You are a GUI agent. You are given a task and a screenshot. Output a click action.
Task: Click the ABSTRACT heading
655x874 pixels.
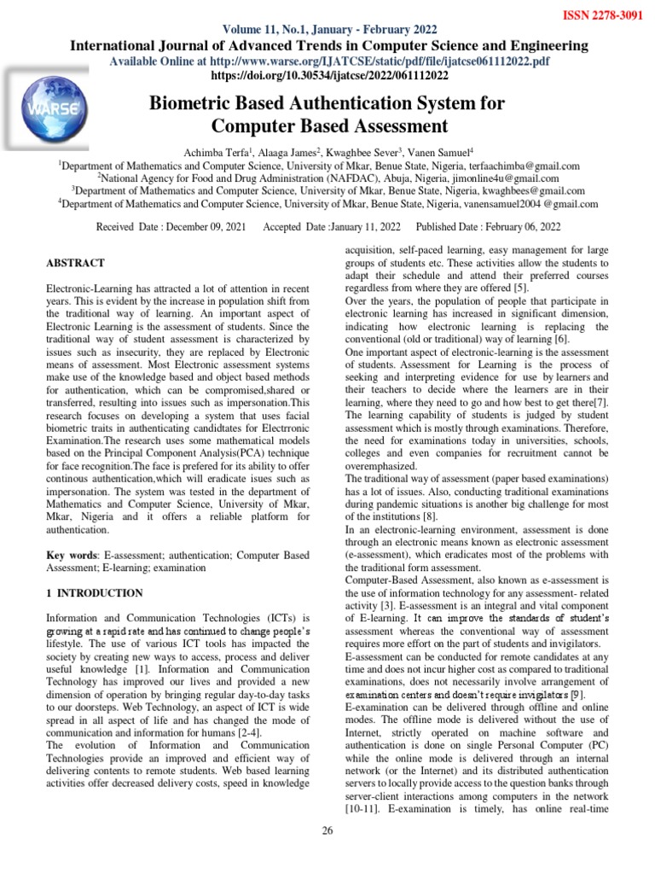76,263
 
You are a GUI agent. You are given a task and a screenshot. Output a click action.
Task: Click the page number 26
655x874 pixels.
327,832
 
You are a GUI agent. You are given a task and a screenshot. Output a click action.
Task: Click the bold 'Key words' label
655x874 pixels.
70,556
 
